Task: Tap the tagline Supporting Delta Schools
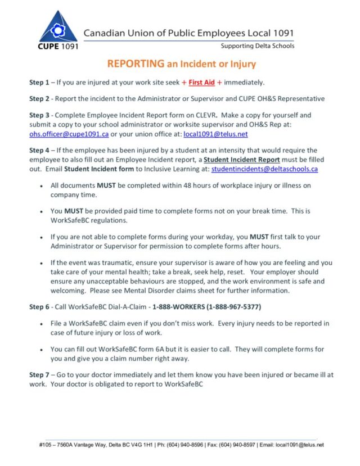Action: pos(257,46)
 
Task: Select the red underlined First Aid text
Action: pos(202,83)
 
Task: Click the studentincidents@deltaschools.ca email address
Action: pos(265,169)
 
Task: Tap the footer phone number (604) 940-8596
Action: pos(173,445)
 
